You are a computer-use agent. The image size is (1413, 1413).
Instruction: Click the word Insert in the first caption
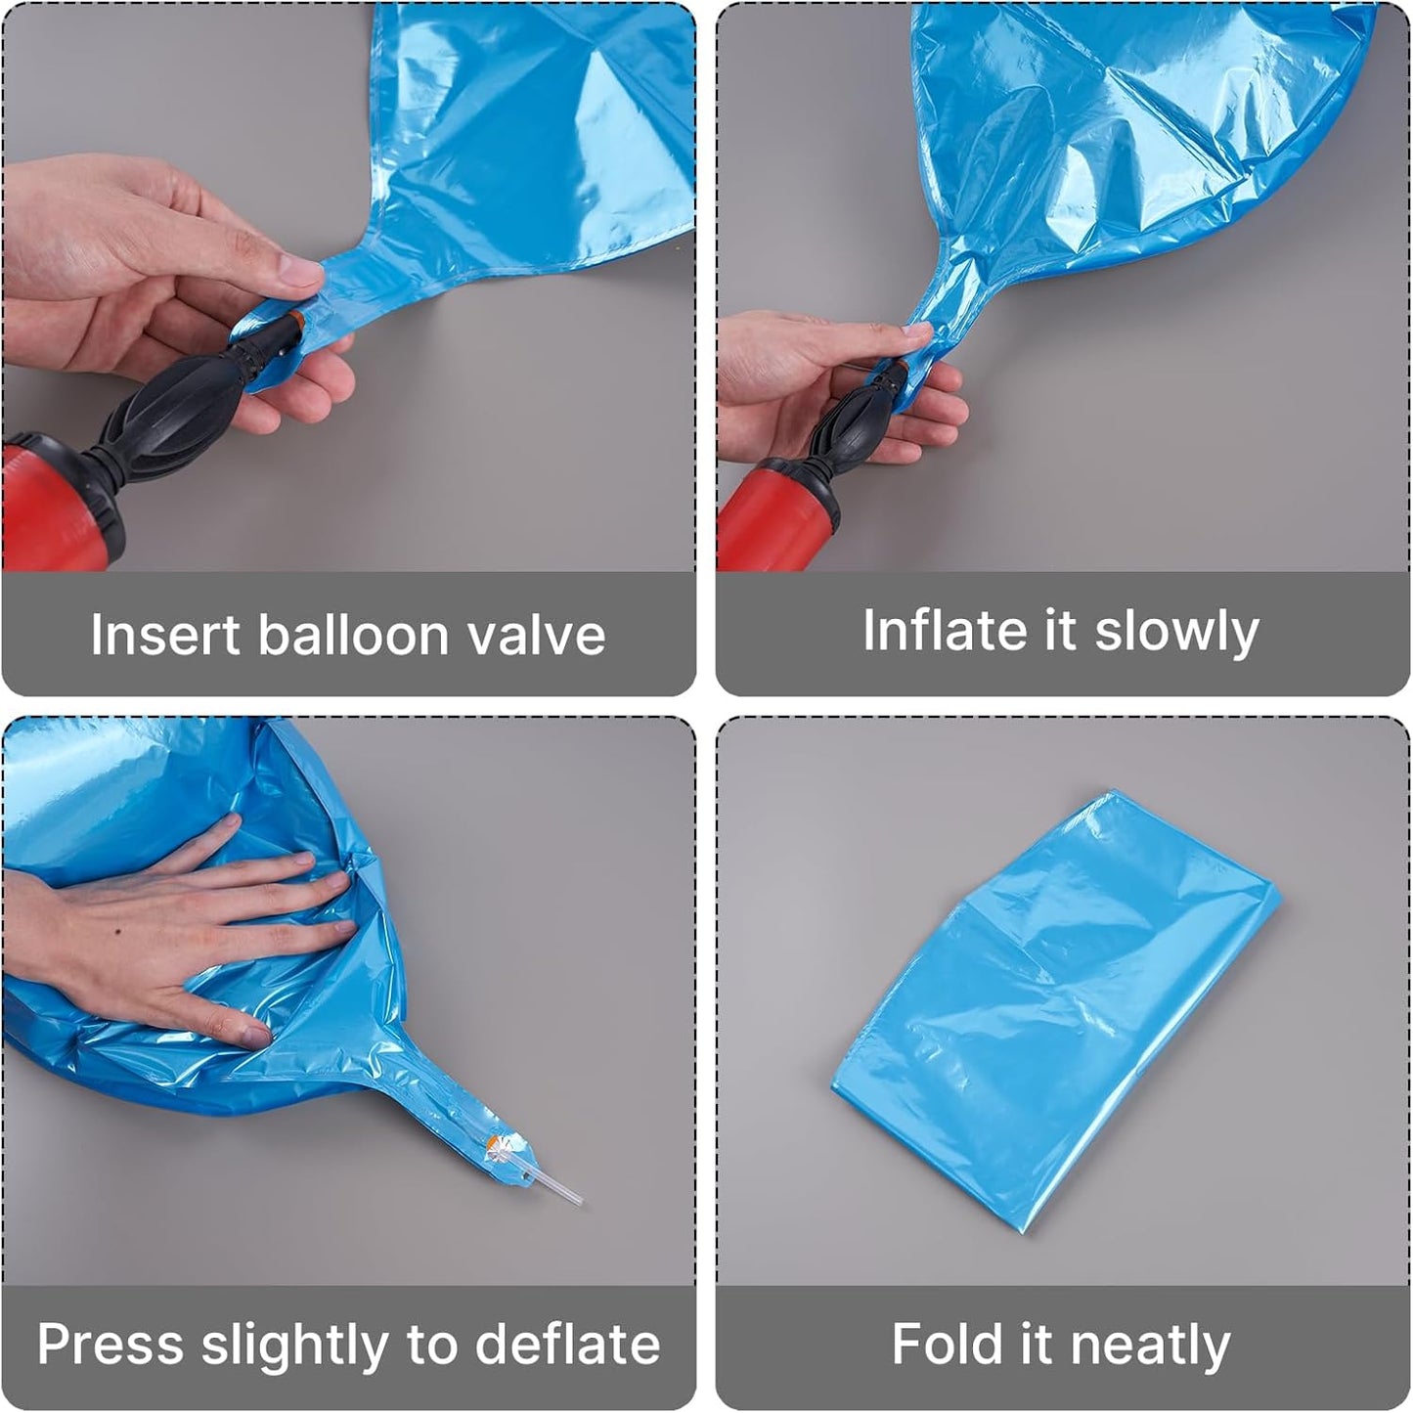pos(165,635)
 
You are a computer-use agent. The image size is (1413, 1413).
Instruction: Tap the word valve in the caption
pos(538,635)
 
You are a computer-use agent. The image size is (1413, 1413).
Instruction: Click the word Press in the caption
pos(110,1345)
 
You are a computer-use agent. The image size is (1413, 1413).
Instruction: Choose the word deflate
pos(567,1345)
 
